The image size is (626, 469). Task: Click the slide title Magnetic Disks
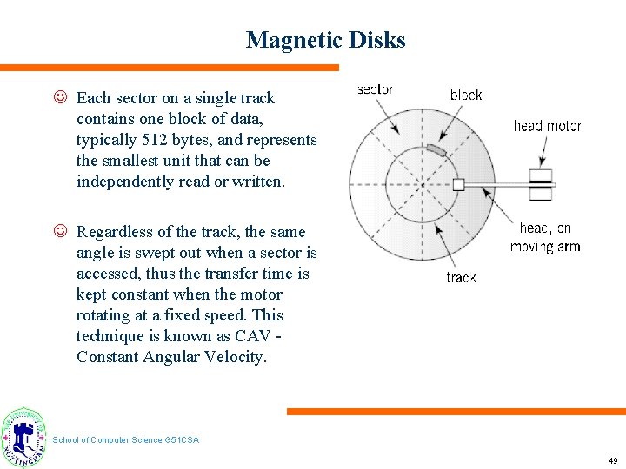pyautogui.click(x=325, y=40)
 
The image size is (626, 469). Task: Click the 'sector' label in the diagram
pyautogui.click(x=375, y=89)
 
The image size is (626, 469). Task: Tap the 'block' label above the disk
pyautogui.click(x=466, y=95)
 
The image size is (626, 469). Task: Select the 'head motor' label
pyautogui.click(x=547, y=126)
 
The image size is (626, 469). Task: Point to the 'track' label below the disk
pyautogui.click(x=461, y=277)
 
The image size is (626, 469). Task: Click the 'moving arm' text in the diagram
pyautogui.click(x=545, y=247)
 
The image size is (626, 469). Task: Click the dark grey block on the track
pyautogui.click(x=436, y=151)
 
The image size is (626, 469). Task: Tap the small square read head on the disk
pyautogui.click(x=459, y=184)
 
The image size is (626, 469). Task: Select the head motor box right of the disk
pyautogui.click(x=542, y=184)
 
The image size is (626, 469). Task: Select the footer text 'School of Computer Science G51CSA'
pyautogui.click(x=126, y=440)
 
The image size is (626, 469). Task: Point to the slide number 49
pyautogui.click(x=613, y=460)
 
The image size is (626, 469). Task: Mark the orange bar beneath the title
pyautogui.click(x=170, y=68)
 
